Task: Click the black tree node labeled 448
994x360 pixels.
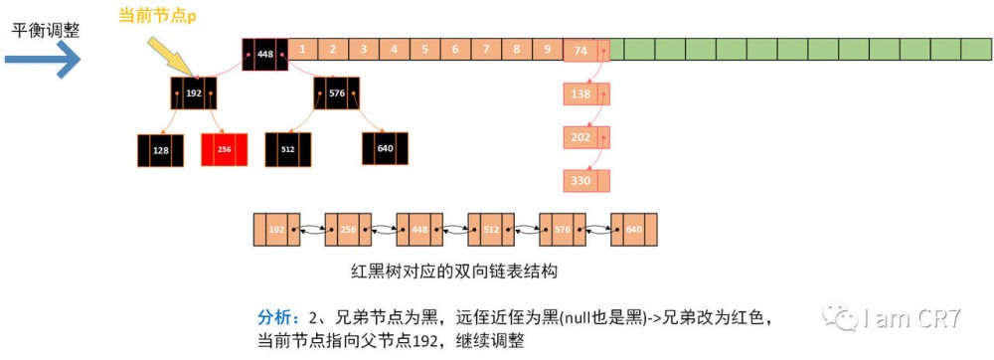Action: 264,55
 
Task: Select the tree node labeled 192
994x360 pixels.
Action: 193,92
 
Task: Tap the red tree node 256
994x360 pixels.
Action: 224,149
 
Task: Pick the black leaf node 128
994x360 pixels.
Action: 160,149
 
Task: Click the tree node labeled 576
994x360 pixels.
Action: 337,92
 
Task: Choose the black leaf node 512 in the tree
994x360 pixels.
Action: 288,149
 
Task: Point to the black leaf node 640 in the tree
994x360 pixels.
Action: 385,149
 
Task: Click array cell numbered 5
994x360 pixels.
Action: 424,49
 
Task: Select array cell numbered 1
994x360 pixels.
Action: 302,49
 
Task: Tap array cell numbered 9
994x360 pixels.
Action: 547,49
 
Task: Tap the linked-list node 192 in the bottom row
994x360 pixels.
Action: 276,229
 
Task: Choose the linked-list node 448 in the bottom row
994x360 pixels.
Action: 419,229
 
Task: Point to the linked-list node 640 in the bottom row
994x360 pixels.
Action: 634,229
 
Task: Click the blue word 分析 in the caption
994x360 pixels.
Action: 275,317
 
